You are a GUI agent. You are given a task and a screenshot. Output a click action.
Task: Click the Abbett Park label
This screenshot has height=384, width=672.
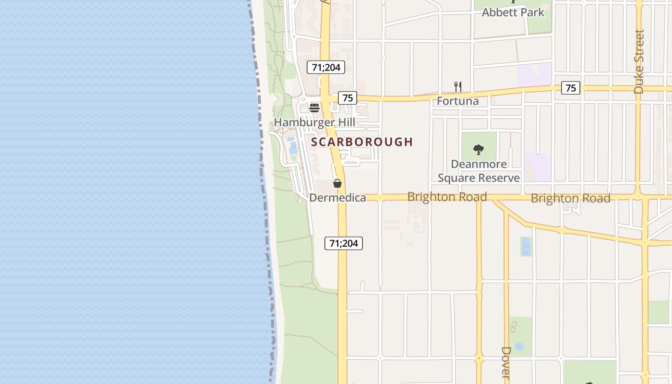point(513,12)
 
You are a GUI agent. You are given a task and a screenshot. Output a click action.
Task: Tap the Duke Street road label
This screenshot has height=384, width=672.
point(638,61)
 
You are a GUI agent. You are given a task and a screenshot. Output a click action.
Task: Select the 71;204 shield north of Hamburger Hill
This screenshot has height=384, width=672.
point(326,67)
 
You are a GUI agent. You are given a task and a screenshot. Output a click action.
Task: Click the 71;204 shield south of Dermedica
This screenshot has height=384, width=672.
point(344,243)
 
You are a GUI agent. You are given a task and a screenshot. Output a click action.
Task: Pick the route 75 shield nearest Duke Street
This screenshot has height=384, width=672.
point(570,88)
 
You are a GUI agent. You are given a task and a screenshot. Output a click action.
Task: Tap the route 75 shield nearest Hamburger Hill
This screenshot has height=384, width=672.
point(348,98)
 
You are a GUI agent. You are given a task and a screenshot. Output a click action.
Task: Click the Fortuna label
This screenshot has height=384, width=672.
point(457,101)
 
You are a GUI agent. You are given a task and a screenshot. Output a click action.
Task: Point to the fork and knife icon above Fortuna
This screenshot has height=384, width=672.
point(458,87)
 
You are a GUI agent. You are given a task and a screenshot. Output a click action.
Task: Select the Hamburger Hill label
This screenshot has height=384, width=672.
point(314,122)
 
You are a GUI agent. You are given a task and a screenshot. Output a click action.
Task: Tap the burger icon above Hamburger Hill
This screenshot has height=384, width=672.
point(314,108)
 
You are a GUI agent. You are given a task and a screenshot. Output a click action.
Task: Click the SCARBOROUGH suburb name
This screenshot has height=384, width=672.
point(362,142)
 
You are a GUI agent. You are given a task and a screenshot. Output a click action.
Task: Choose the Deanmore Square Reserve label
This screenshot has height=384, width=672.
point(479,171)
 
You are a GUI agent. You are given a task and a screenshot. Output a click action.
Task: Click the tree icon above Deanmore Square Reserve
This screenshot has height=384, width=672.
point(478,150)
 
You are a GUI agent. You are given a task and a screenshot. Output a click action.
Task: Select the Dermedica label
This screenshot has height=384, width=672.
point(337,198)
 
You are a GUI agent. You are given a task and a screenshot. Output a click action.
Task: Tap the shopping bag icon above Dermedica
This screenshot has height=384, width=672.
point(337,183)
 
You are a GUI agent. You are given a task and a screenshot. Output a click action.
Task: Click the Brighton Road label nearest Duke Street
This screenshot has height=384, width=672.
point(570,198)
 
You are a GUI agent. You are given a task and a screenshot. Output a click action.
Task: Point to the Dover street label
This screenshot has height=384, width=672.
point(505,363)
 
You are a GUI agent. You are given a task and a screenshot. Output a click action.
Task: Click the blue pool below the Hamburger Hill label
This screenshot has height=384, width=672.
point(292,145)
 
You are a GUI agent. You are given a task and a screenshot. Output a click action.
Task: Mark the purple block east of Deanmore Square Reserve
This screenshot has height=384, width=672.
point(538,167)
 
